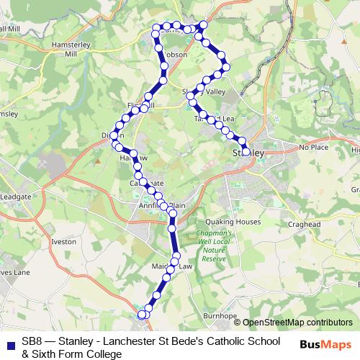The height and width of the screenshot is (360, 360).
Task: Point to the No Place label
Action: coord(313,147)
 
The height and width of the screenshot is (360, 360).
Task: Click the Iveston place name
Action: coord(63,243)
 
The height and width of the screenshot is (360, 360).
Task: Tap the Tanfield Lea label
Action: coord(214,119)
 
